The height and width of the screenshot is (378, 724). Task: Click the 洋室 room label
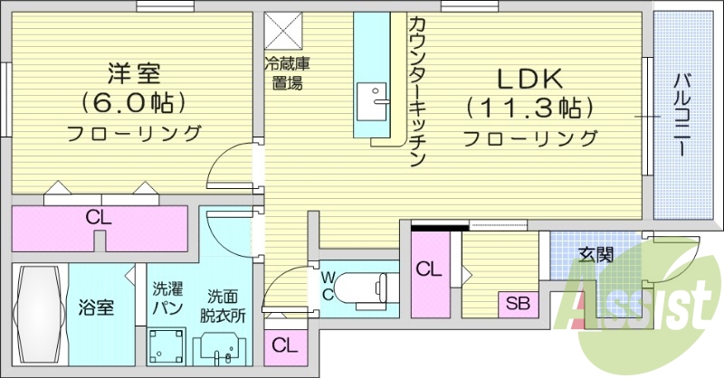[134, 71]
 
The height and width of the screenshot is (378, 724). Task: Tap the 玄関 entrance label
[596, 254]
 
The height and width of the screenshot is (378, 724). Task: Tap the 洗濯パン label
[167, 299]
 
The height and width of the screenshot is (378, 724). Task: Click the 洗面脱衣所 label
[222, 306]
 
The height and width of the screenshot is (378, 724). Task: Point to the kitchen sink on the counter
[371, 97]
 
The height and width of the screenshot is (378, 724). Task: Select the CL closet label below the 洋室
[99, 217]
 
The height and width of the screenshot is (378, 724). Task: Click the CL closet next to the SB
[430, 269]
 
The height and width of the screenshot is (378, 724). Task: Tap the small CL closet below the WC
[284, 345]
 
